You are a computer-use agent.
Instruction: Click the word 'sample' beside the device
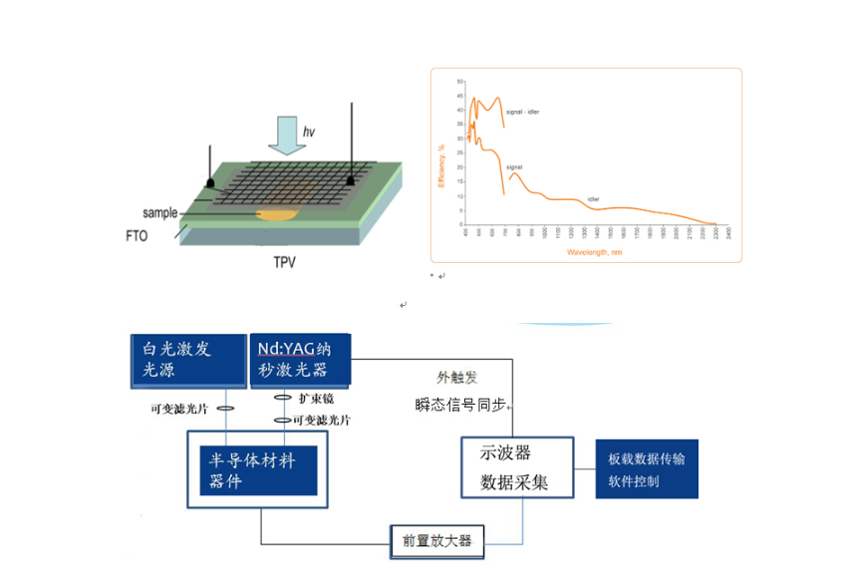[159, 212]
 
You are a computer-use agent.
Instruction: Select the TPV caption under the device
[284, 263]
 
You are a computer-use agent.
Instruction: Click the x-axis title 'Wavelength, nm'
[594, 252]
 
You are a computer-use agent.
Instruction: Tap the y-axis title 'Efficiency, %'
[440, 165]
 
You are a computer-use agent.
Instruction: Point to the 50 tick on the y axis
[459, 81]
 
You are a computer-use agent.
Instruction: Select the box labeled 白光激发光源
[189, 360]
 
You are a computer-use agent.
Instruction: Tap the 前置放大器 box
[437, 542]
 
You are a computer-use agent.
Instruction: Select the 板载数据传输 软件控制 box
[647, 469]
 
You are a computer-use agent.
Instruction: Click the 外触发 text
[457, 378]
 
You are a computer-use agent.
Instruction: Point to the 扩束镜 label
[315, 399]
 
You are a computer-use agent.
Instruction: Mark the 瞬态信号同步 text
[461, 406]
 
